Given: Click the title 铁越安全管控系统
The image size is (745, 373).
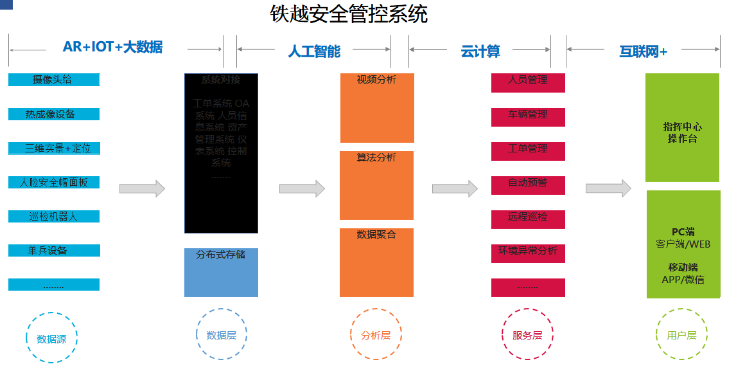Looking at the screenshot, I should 349,14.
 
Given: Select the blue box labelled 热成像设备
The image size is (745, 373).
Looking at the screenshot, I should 54,114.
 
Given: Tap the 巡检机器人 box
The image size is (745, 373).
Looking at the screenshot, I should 54,216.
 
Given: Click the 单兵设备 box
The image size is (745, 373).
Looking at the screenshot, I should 54,250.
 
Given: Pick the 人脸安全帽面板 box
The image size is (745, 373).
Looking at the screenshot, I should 54,182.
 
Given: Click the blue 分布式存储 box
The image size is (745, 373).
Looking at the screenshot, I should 221,273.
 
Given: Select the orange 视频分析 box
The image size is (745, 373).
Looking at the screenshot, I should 377,108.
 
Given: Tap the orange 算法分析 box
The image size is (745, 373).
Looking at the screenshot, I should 376,185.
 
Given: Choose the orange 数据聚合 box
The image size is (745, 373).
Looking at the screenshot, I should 376,262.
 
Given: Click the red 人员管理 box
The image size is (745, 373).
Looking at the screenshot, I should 528,83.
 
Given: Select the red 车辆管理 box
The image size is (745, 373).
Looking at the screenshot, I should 528,117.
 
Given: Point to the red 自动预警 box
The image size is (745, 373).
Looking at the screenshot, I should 528,185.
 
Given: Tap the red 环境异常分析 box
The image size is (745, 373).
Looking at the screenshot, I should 528,253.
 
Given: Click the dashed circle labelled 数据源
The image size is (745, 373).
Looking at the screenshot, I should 51,338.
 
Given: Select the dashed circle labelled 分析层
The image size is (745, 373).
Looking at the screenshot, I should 376,335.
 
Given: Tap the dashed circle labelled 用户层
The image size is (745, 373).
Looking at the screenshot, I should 681,335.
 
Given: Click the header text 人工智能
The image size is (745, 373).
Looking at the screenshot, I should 314,51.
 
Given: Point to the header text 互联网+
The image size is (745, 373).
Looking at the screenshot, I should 643,51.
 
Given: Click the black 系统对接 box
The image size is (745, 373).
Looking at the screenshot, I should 221,153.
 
